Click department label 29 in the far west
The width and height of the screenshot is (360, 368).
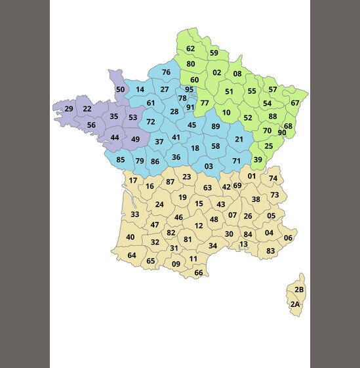pyautogui.click(x=69, y=109)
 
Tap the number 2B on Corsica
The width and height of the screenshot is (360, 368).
pyautogui.click(x=299, y=290)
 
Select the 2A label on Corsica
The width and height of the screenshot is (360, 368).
pyautogui.click(x=295, y=304)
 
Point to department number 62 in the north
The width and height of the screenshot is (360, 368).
pyautogui.click(x=190, y=49)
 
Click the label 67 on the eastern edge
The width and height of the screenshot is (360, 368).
pyautogui.click(x=295, y=103)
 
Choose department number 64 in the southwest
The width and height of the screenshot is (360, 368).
pyautogui.click(x=132, y=256)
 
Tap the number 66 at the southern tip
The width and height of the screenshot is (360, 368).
pyautogui.click(x=198, y=273)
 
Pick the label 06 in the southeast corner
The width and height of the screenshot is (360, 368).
pyautogui.click(x=288, y=238)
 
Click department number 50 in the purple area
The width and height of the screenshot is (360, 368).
pyautogui.click(x=120, y=90)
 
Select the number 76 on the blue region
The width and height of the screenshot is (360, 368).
pyautogui.click(x=166, y=73)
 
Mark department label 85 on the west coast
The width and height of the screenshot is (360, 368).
pyautogui.click(x=121, y=160)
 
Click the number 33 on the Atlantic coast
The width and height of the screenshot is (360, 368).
pyautogui.click(x=134, y=215)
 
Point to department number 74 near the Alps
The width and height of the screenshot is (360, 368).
pyautogui.click(x=273, y=178)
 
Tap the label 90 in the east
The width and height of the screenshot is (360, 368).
pyautogui.click(x=282, y=133)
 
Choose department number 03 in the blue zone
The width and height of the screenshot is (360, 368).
pyautogui.click(x=209, y=167)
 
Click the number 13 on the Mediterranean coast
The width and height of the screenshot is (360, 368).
pyautogui.click(x=244, y=245)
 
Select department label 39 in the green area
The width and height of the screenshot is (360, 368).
pyautogui.click(x=258, y=160)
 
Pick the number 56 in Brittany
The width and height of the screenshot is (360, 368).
pyautogui.click(x=91, y=125)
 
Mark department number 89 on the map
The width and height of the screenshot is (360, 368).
pyautogui.click(x=216, y=127)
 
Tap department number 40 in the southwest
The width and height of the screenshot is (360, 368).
pyautogui.click(x=130, y=237)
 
